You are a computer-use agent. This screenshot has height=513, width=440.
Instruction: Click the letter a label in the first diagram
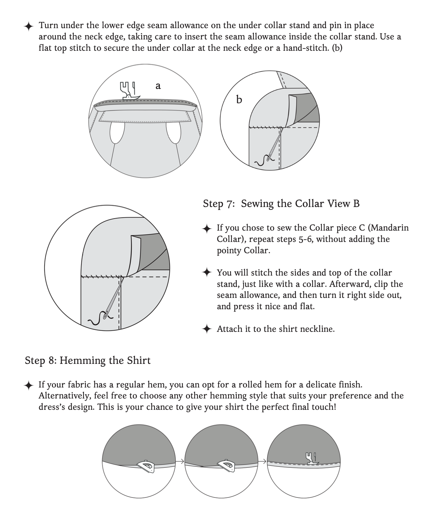[158, 86]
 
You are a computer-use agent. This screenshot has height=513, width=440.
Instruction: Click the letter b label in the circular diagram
[239, 99]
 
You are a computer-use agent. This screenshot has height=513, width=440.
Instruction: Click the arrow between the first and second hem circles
[180, 462]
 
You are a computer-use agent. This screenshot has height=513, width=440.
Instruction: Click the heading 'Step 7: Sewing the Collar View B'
[281, 204]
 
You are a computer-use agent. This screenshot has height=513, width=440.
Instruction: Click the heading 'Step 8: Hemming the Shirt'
[88, 361]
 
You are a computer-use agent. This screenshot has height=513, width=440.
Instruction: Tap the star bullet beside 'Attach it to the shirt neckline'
[207, 329]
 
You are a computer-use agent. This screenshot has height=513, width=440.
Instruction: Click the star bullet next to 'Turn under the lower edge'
[29, 26]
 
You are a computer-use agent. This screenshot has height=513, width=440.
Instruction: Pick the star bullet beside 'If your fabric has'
[29, 385]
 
